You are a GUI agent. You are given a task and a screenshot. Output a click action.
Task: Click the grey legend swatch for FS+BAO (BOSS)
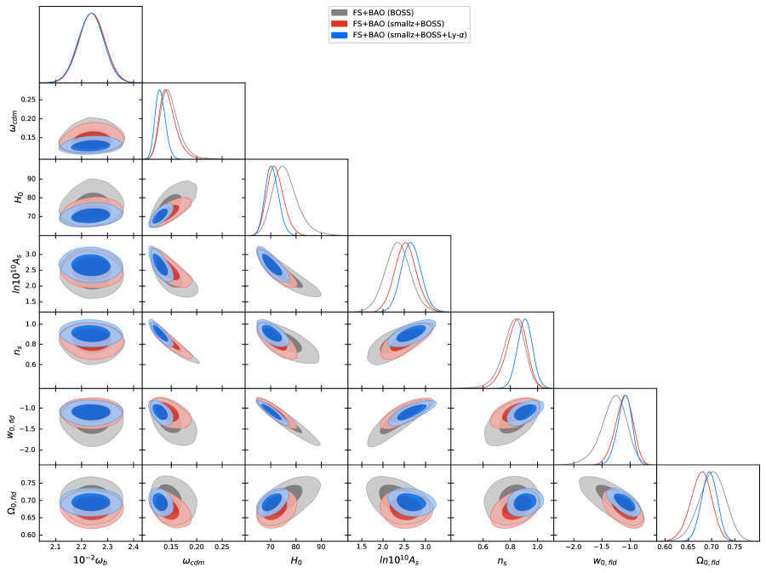tap(339, 13)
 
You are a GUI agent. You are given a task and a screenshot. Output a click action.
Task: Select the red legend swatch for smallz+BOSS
tap(339, 24)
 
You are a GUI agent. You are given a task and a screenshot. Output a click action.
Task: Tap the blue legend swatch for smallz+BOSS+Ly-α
tap(339, 35)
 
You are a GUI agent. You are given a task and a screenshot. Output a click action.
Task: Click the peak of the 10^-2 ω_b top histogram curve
tap(91, 14)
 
